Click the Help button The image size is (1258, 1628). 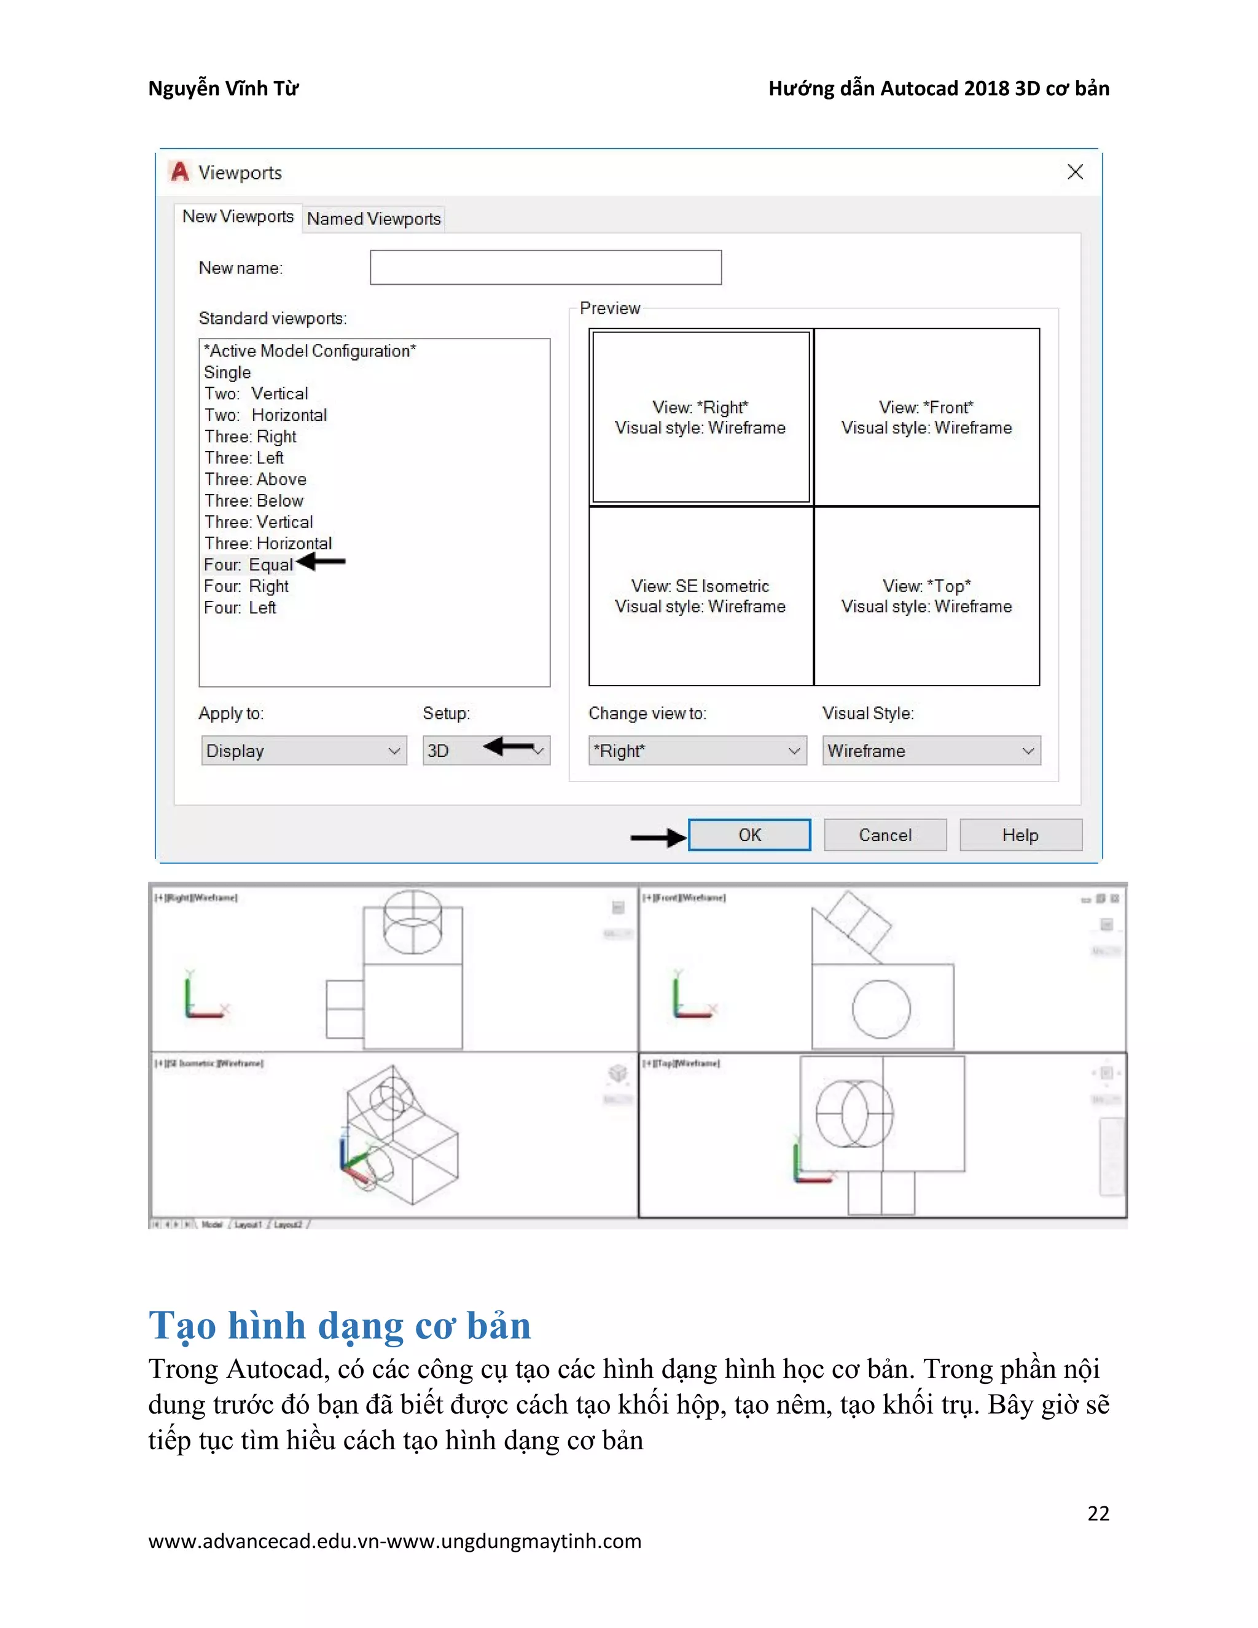tap(1020, 835)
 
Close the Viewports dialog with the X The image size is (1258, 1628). tap(1075, 172)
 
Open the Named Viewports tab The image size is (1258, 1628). tap(373, 219)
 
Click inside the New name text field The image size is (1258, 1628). tap(545, 268)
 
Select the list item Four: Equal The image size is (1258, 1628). tap(249, 565)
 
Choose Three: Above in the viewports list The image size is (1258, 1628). tap(256, 479)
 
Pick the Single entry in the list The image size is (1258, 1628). tap(227, 372)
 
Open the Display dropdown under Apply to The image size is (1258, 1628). tap(304, 751)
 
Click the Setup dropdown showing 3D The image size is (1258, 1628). tap(486, 751)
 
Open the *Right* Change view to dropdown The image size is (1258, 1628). tap(697, 751)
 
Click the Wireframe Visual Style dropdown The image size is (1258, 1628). tap(931, 751)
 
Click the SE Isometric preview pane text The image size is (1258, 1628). tap(700, 597)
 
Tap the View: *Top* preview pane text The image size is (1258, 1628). tap(926, 597)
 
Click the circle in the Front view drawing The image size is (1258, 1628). tap(881, 1010)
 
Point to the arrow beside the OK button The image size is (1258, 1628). tap(658, 838)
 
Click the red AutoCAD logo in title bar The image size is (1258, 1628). tap(179, 172)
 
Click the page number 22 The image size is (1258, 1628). tap(1098, 1513)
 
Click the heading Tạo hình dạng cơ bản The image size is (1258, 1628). tap(340, 1325)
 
